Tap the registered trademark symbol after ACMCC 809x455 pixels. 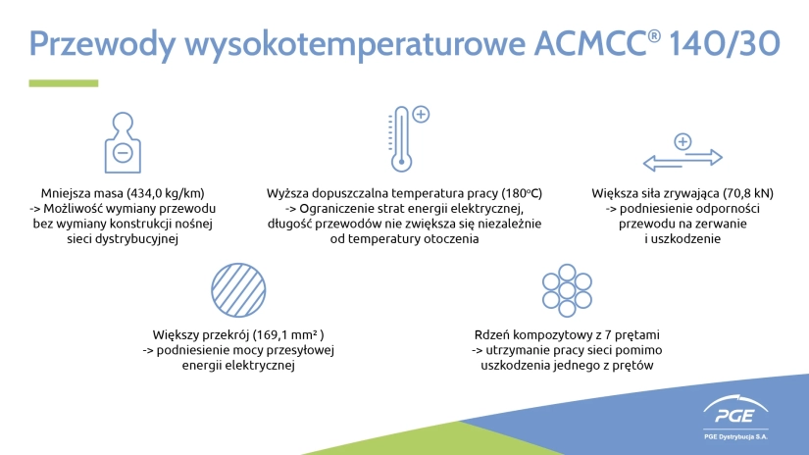point(654,35)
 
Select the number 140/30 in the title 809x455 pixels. point(725,43)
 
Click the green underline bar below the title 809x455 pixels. point(64,83)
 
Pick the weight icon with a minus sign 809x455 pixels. point(123,142)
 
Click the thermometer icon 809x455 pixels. point(401,139)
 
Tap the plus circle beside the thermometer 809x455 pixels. point(421,114)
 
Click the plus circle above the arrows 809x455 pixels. point(683,141)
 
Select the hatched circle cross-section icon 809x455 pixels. point(238,290)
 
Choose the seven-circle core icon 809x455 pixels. point(567,290)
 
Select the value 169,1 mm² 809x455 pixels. point(288,334)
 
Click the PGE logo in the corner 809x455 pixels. point(735,411)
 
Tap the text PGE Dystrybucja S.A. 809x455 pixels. point(735,437)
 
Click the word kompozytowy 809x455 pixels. point(548,335)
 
